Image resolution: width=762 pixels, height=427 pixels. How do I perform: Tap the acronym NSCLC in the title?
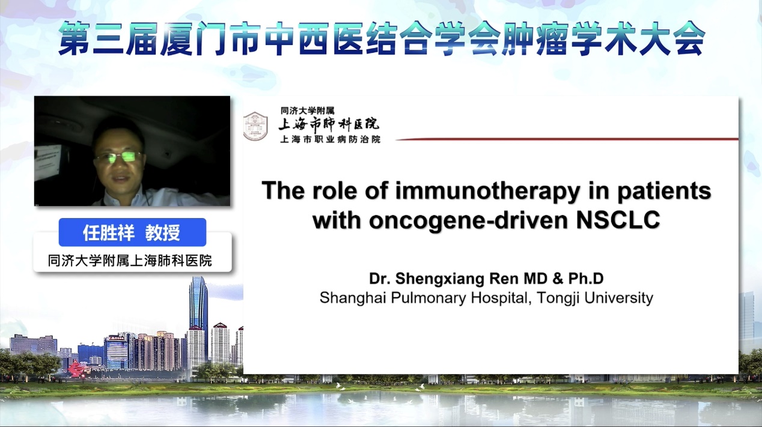[618, 220]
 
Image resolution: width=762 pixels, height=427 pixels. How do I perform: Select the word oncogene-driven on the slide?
[468, 220]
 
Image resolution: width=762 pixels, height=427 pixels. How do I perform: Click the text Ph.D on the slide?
[586, 279]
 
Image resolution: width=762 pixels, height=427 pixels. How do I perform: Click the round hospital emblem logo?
[255, 126]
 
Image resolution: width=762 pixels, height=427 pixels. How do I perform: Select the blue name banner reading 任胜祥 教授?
[132, 232]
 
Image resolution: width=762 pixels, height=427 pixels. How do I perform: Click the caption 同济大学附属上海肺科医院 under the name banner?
[130, 261]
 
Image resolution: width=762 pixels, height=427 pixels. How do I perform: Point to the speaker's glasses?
[119, 157]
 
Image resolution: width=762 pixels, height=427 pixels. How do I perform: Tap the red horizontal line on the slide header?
[567, 139]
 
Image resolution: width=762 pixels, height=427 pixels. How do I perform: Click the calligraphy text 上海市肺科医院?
[329, 124]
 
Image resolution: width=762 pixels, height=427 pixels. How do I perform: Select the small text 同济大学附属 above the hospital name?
[307, 111]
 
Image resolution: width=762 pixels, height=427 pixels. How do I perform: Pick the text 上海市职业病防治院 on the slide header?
[330, 139]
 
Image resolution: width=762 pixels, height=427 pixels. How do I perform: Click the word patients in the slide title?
[664, 190]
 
